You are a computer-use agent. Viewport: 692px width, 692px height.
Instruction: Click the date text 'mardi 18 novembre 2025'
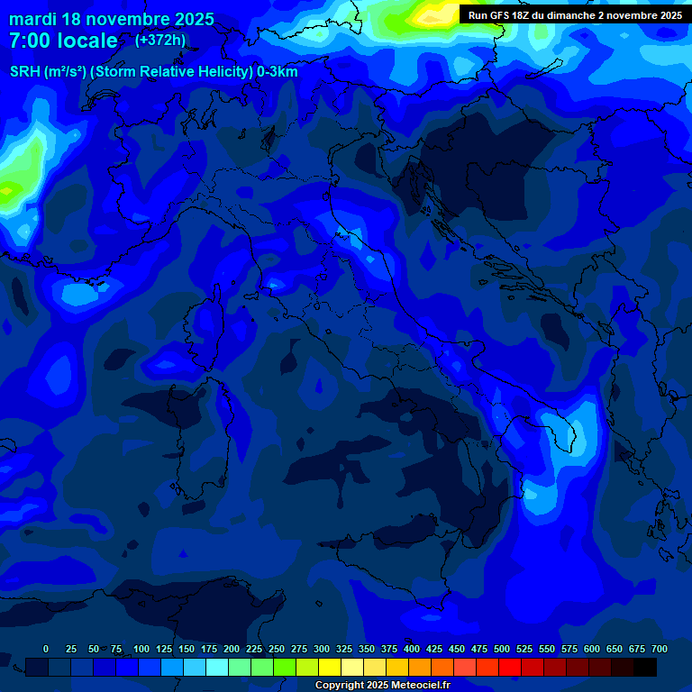coord(112,20)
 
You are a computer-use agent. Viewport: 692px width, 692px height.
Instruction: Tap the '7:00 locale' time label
coord(63,41)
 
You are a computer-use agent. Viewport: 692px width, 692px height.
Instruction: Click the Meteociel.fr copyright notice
coord(382,686)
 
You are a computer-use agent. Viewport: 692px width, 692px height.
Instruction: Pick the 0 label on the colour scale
coord(46,650)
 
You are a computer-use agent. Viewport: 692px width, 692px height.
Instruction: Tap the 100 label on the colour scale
coord(141,650)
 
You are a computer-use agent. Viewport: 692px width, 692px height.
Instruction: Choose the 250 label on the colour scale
coord(277,650)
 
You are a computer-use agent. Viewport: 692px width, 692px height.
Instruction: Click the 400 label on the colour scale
coord(412,650)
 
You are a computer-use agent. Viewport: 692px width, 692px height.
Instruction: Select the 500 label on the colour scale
coord(502,650)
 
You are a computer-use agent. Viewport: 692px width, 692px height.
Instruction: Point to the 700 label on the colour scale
coord(659,650)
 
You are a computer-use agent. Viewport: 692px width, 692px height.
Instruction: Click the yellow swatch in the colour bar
coord(330,667)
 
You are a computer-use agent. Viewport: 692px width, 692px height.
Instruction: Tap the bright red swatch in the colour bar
coord(510,667)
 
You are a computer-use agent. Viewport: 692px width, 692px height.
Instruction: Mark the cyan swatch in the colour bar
coord(217,667)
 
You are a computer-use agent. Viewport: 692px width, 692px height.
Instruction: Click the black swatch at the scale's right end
coord(645,667)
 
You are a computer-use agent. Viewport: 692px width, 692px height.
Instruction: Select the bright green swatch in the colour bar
coord(285,667)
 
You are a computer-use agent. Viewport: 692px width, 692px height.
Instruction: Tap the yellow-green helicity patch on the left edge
coord(11,189)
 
